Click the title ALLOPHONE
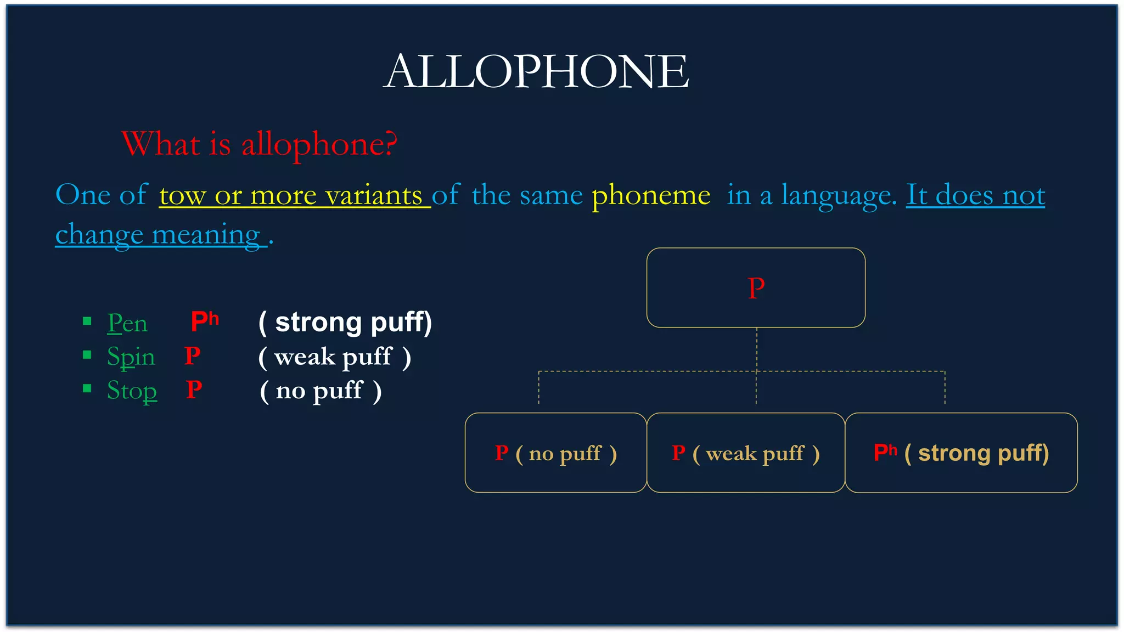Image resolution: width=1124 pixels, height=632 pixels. pyautogui.click(x=536, y=72)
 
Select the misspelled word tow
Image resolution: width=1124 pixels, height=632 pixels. pyautogui.click(x=182, y=195)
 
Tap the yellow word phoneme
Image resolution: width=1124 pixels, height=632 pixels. pyautogui.click(x=651, y=195)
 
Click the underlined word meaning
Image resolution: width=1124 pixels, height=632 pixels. pyautogui.click(x=206, y=235)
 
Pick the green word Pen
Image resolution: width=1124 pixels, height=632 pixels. pyautogui.click(x=127, y=323)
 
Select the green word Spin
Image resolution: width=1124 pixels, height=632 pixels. pyautogui.click(x=131, y=357)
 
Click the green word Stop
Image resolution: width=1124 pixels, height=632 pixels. pyautogui.click(x=132, y=391)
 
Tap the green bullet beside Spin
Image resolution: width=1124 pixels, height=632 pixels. pyautogui.click(x=87, y=355)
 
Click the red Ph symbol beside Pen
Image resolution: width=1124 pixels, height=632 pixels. pyautogui.click(x=204, y=321)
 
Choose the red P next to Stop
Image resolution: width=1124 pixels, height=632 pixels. pyautogui.click(x=194, y=390)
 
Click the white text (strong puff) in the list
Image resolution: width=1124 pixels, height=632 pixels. pyautogui.click(x=345, y=322)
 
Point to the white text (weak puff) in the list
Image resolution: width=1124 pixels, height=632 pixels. pyautogui.click(x=334, y=357)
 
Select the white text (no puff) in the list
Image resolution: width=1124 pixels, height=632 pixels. pyautogui.click(x=321, y=391)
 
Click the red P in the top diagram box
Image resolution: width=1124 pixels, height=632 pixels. pyautogui.click(x=756, y=288)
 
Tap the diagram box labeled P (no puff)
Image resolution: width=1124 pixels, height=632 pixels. pyautogui.click(x=555, y=453)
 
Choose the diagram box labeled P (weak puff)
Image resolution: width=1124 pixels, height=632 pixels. pyautogui.click(x=745, y=453)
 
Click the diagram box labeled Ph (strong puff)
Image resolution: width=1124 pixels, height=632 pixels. pyautogui.click(x=961, y=453)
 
